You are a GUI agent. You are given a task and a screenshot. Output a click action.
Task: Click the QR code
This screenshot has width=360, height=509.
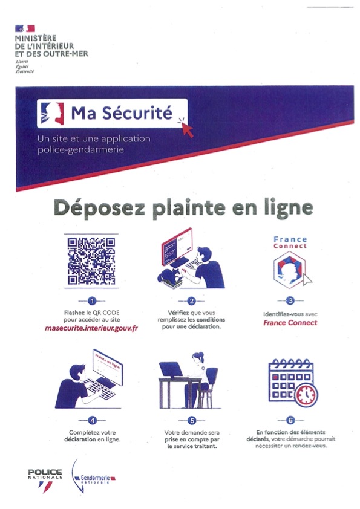[91, 261]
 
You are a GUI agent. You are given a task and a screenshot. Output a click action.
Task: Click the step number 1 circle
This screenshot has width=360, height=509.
[91, 300]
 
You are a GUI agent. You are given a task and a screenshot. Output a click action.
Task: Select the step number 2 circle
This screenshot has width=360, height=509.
[191, 300]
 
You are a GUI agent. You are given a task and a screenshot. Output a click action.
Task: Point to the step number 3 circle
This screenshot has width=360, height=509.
[290, 300]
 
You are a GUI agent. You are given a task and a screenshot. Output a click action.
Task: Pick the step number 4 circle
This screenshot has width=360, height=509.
[92, 420]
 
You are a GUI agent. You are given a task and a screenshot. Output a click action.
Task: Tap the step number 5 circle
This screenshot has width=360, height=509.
[191, 420]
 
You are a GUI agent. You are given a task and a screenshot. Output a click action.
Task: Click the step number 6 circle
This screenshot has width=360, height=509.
[290, 420]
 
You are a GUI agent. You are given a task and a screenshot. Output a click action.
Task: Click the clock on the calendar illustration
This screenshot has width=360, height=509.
[305, 394]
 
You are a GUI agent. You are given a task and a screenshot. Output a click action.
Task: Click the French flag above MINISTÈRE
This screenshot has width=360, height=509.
[25, 28]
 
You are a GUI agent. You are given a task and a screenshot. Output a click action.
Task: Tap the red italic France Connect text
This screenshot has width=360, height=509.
[290, 323]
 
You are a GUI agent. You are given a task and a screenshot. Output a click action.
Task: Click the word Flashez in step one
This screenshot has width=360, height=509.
[66, 313]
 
